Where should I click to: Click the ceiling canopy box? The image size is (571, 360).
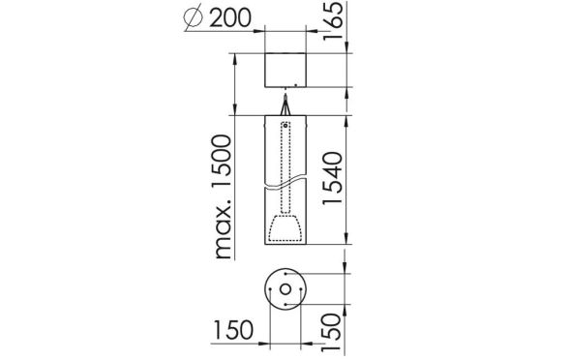[x=286, y=71]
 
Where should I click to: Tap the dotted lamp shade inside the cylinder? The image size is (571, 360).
[x=286, y=229]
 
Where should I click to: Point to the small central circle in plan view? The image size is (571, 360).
[x=285, y=290]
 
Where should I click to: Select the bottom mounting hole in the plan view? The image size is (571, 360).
[x=285, y=306]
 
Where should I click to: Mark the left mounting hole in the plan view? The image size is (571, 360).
[x=270, y=290]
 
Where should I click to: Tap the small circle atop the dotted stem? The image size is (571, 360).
[x=286, y=125]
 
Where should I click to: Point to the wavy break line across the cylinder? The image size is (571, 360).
[x=286, y=181]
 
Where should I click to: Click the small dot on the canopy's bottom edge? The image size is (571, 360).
[x=286, y=90]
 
